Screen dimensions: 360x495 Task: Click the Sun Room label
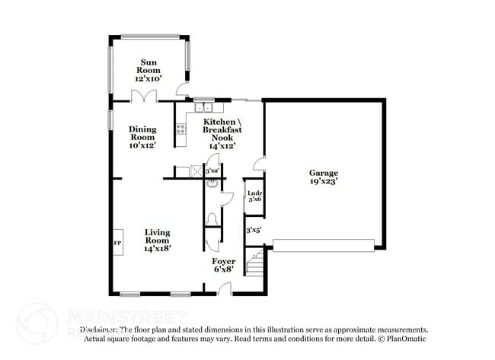pyautogui.click(x=148, y=70)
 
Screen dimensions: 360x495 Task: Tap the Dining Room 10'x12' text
pyautogui.click(x=142, y=137)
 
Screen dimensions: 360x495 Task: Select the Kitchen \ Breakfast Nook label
pyautogui.click(x=218, y=133)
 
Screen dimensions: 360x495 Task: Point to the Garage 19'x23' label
pyautogui.click(x=323, y=177)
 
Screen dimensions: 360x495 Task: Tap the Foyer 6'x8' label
pyautogui.click(x=224, y=266)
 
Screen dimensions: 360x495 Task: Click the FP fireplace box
pyautogui.click(x=118, y=244)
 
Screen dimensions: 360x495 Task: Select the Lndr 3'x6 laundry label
pyautogui.click(x=254, y=196)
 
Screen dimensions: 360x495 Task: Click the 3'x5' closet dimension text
pyautogui.click(x=254, y=229)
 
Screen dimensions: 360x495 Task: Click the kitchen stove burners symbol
pyautogui.click(x=180, y=128)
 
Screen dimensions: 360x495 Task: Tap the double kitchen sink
pyautogui.click(x=202, y=107)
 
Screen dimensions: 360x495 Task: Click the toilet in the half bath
pyautogui.click(x=212, y=218)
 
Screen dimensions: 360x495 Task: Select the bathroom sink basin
pyautogui.click(x=212, y=183)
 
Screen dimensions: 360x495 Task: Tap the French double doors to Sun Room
pyautogui.click(x=143, y=96)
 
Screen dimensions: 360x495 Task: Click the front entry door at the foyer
pyautogui.click(x=224, y=288)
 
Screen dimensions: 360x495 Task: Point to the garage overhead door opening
pyautogui.click(x=324, y=245)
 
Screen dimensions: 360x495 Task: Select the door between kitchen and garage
pyautogui.click(x=260, y=163)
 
